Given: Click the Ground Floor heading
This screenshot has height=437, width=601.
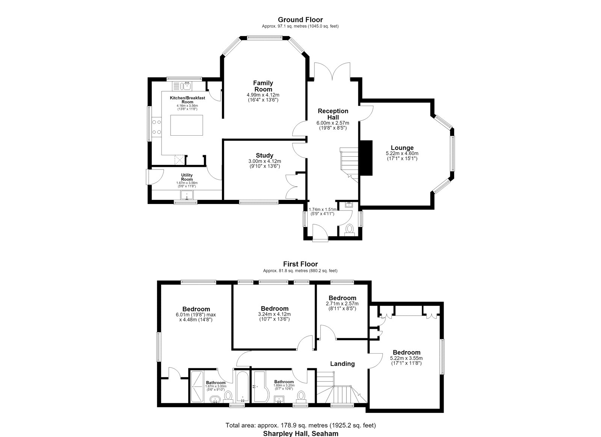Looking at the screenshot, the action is tap(300, 20).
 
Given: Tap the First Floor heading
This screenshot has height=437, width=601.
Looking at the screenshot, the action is tap(300, 264).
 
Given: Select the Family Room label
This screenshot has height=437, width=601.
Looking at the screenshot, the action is tap(263, 86).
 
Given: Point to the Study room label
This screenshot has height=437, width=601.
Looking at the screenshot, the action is tap(264, 156).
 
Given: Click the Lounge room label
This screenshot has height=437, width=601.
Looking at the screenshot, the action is tap(402, 148).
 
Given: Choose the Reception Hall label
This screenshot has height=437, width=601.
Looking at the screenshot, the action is tap(333, 114).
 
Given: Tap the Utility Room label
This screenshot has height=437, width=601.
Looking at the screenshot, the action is tap(187, 177).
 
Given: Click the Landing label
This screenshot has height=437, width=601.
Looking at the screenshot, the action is tap(342, 364).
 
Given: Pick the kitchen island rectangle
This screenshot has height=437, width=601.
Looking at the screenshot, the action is tap(187, 126).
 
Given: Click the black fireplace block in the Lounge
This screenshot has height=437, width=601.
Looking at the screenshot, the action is tap(366, 158).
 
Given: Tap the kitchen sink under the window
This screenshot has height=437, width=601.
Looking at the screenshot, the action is tap(183, 86).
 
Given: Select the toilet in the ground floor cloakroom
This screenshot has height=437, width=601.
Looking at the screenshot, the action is tap(349, 230).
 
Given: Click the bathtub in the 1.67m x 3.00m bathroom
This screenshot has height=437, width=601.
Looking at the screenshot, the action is tap(242, 387).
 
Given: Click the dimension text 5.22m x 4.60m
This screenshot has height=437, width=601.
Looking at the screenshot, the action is tap(402, 154).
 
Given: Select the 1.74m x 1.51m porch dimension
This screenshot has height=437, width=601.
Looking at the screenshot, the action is tap(323, 209).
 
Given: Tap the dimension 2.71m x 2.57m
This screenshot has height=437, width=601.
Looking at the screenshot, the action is tap(342, 304).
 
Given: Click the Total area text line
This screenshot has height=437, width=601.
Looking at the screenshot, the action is tap(300, 425).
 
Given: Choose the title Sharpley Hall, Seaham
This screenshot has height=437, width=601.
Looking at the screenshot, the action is tap(300, 433).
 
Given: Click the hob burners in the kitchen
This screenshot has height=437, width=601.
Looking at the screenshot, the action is tap(157, 127).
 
